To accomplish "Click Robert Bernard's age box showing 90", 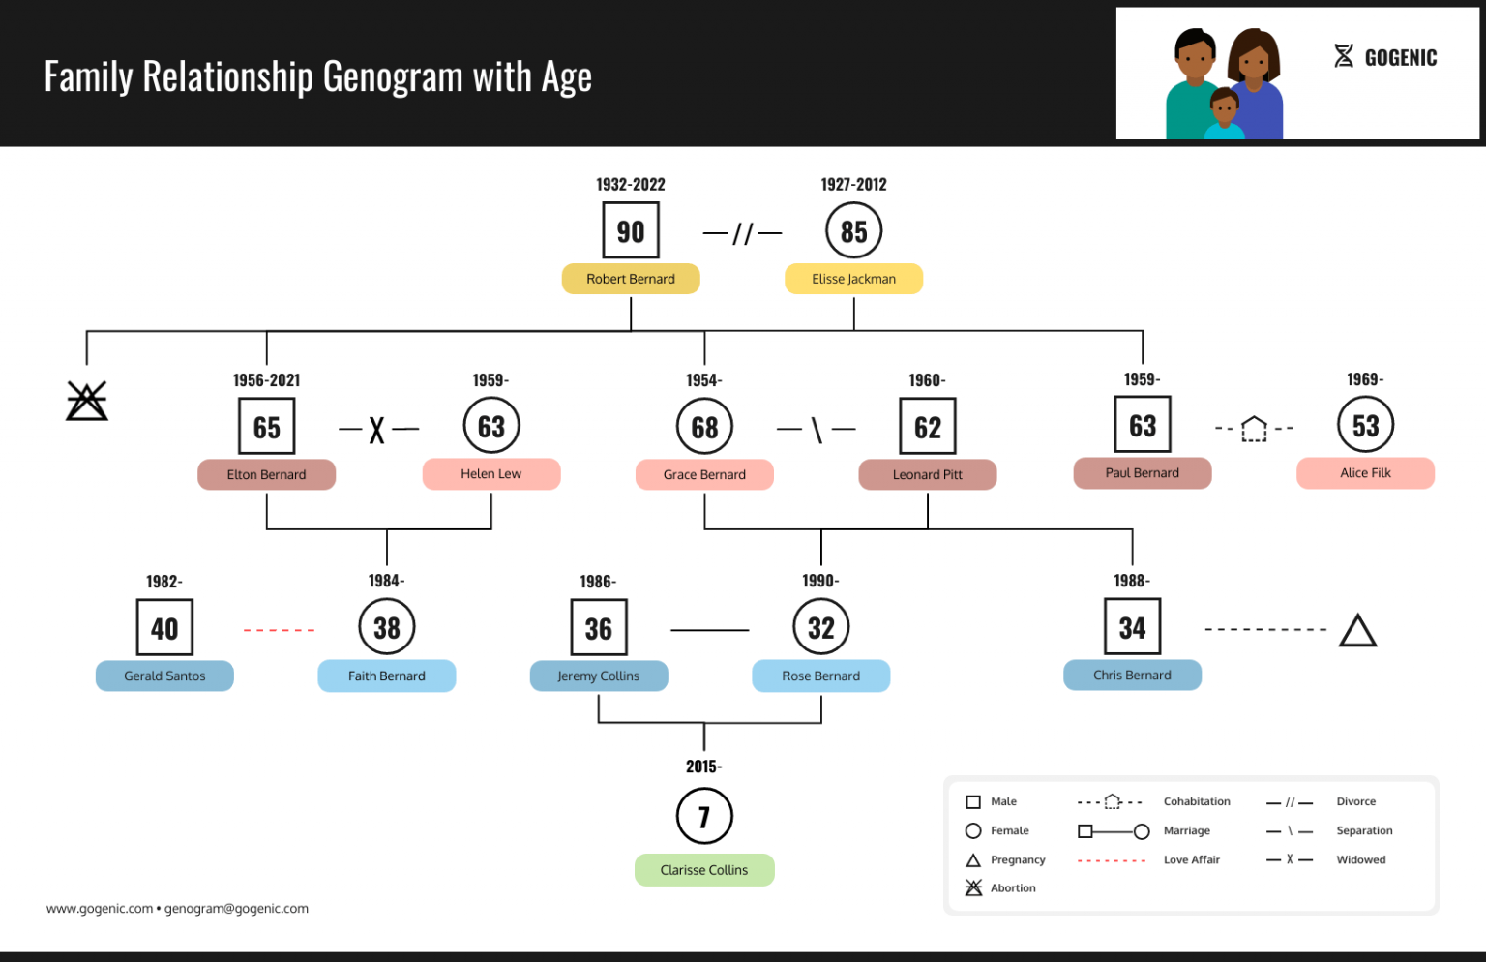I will pos(631,231).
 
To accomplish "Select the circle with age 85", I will pos(853,231).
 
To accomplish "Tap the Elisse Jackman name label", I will pos(853,279).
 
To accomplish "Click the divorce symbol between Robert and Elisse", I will pos(742,233).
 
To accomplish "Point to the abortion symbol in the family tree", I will pos(87,401).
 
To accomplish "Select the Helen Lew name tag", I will pos(490,474).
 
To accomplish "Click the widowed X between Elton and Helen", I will pos(377,430).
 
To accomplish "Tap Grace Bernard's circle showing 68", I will pos(704,427).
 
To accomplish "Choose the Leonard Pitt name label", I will pos(927,474).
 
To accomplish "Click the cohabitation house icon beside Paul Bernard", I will pos(1254,428).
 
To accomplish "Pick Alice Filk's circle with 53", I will pos(1365,426).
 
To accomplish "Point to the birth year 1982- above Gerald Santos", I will pos(164,582).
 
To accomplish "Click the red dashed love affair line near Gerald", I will pos(279,630).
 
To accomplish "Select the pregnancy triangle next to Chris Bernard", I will pos(1357,631).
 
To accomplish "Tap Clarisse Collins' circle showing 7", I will pos(704,817).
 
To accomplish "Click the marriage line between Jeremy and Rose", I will pos(709,630).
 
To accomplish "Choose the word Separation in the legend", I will pos(1364,830).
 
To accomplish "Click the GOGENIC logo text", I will pos(1400,58).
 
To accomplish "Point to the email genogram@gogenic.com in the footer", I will pos(236,909).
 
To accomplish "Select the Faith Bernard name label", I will pos(386,676).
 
